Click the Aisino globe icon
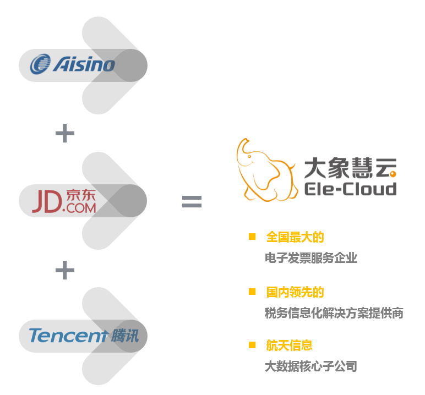coord(40,64)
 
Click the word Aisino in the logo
coord(84,65)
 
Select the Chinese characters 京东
coord(80,195)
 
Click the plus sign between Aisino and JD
coord(65,133)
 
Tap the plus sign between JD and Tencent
coord(65,270)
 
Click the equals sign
coord(192,202)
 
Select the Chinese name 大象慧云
coord(350,168)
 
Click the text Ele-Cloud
coord(350,189)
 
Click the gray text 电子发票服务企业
coord(311,258)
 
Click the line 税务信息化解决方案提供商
coord(334,313)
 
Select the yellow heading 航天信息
coord(289,345)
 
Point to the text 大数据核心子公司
coord(311,366)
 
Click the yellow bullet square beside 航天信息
coord(252,345)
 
